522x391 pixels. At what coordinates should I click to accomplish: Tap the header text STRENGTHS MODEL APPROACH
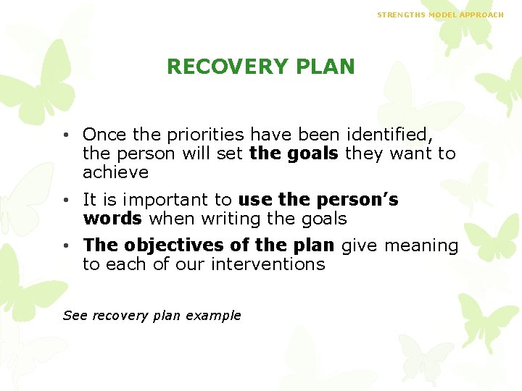pos(440,14)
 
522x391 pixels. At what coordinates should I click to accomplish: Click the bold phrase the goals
pos(294,154)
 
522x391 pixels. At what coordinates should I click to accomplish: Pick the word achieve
pos(115,172)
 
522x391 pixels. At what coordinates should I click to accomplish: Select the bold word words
pos(112,219)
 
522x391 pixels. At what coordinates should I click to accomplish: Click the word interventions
pos(268,264)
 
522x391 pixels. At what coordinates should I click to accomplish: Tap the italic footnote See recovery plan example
pos(152,315)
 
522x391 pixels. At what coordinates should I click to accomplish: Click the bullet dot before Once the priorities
pos(66,135)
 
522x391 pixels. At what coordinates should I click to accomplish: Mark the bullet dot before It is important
pos(66,200)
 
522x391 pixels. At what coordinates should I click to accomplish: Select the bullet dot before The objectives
pos(66,246)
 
